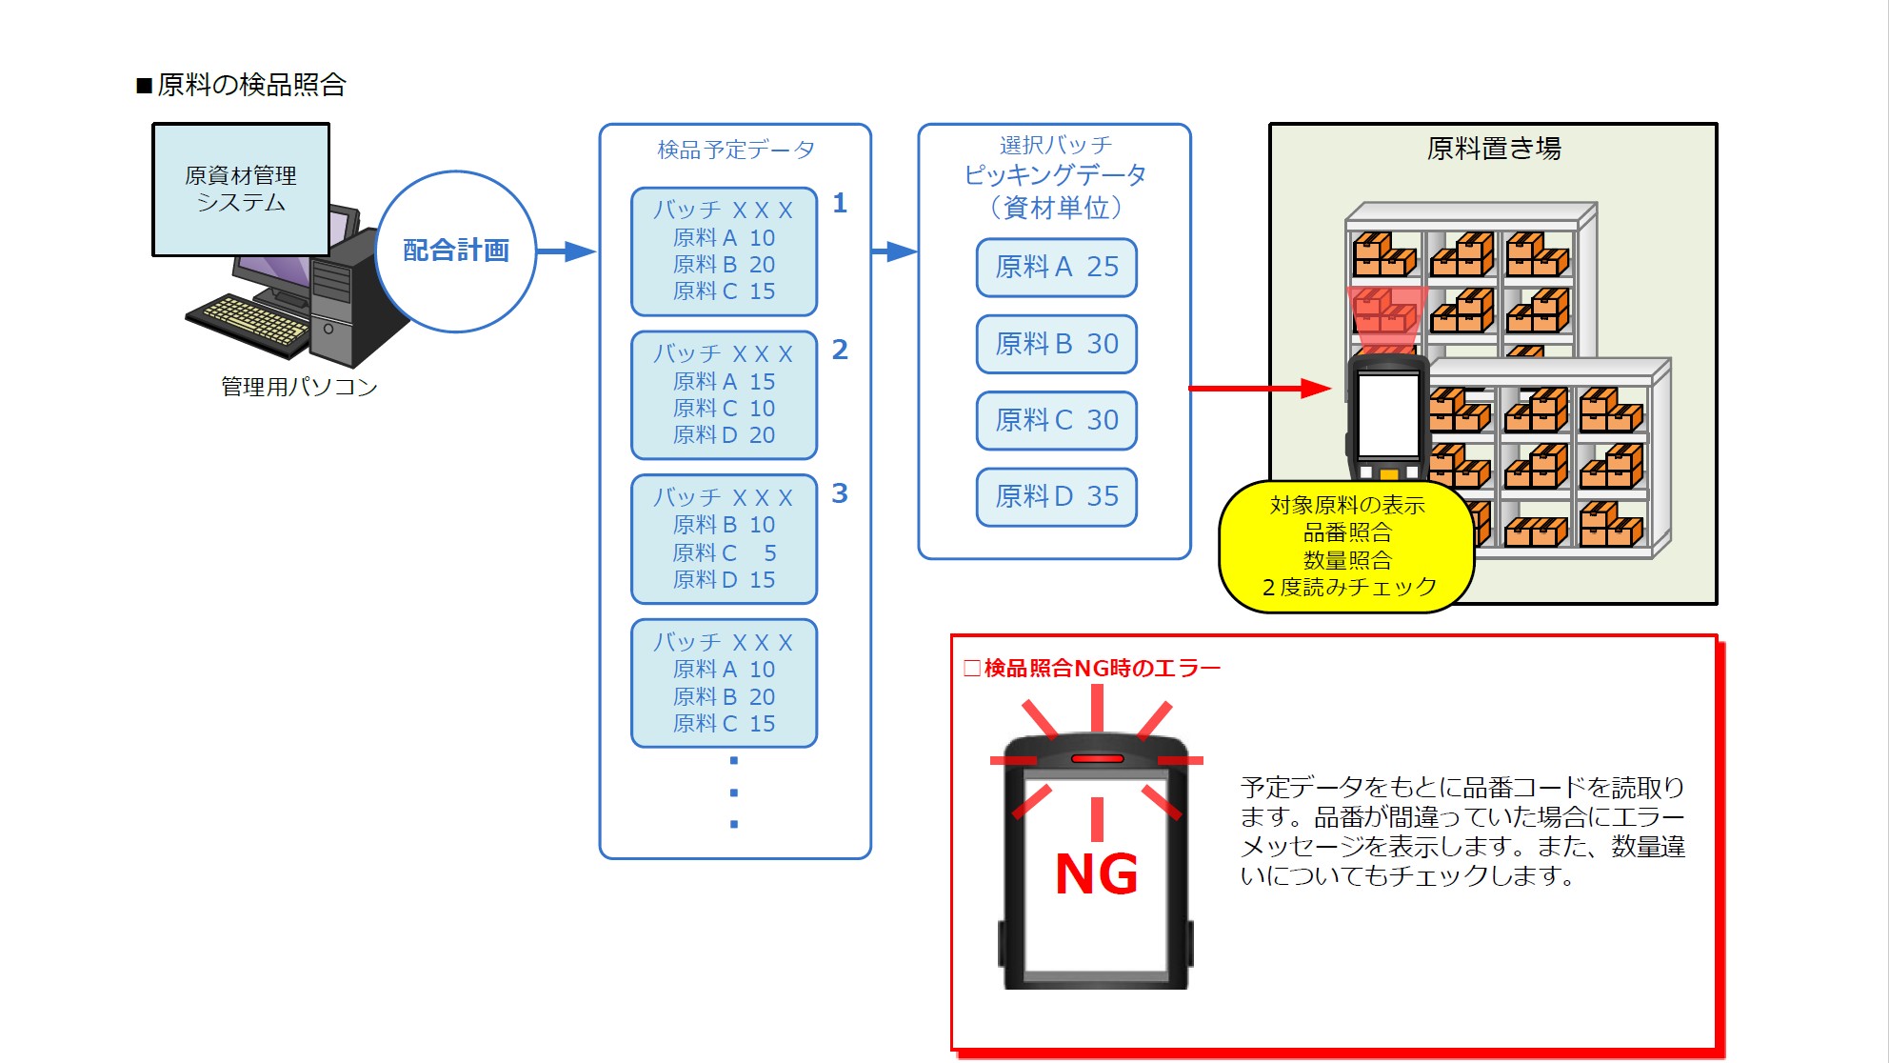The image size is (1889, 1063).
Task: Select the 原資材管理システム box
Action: click(x=241, y=190)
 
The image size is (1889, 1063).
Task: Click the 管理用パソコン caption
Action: click(x=299, y=387)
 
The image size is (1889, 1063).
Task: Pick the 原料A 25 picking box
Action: click(x=1057, y=268)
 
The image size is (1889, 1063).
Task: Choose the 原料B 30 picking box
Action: click(x=1057, y=344)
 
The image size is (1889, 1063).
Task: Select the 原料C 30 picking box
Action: click(x=1057, y=420)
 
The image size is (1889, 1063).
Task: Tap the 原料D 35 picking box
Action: click(x=1057, y=496)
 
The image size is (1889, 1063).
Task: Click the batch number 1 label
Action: click(x=840, y=203)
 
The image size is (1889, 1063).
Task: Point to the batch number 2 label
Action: click(x=840, y=350)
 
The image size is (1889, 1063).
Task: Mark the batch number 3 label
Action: click(x=840, y=493)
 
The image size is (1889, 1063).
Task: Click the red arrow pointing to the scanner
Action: click(x=1260, y=389)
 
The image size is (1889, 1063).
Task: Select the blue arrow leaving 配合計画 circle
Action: click(x=567, y=251)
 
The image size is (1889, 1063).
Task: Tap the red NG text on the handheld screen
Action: click(x=1097, y=874)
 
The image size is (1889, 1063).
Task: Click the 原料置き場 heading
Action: click(x=1494, y=149)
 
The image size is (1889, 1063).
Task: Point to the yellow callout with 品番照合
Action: click(x=1347, y=546)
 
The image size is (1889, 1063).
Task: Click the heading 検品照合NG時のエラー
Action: click(x=1093, y=669)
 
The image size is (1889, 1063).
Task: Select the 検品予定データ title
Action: click(x=736, y=150)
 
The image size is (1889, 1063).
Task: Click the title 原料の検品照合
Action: click(x=242, y=85)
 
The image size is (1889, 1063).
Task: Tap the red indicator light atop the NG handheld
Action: click(x=1098, y=759)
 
